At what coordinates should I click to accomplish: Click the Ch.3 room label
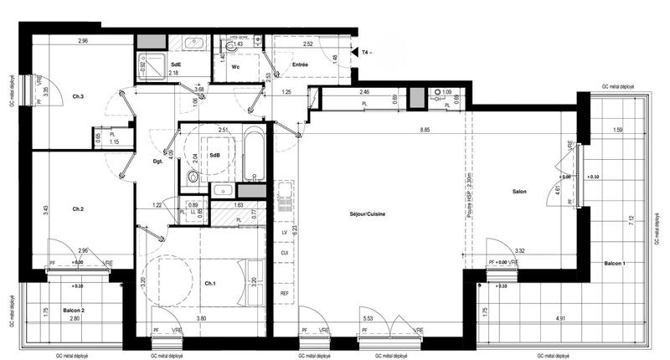[78, 98]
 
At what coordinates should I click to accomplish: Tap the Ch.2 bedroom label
[78, 208]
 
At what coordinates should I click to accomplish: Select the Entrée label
[300, 64]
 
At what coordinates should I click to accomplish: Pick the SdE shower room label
[176, 64]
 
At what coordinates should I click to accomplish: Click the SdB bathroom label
[215, 155]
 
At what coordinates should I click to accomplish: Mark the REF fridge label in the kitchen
[285, 293]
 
